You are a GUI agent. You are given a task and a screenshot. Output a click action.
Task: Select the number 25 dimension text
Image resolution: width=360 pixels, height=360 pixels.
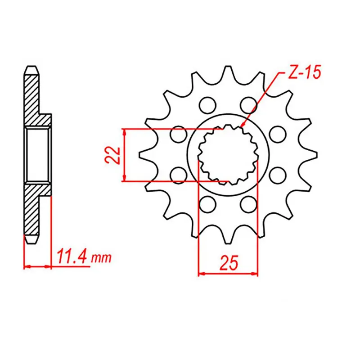pyautogui.click(x=228, y=263)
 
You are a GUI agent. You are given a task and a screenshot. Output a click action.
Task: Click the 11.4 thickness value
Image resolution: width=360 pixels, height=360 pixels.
pyautogui.click(x=72, y=258)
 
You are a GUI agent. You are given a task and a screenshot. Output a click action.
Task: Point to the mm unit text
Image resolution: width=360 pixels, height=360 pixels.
pyautogui.click(x=101, y=259)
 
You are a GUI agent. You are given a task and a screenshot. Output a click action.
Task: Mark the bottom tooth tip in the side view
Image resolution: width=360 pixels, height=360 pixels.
pyautogui.click(x=31, y=242)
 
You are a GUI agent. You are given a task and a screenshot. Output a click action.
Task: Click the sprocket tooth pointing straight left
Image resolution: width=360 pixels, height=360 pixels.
pyautogui.click(x=143, y=154)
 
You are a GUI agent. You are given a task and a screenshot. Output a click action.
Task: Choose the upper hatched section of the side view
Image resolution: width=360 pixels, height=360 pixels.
pyautogui.click(x=32, y=99)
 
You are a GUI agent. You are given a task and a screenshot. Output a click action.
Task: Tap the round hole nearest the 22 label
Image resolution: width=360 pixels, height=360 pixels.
pyautogui.click(x=179, y=134)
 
